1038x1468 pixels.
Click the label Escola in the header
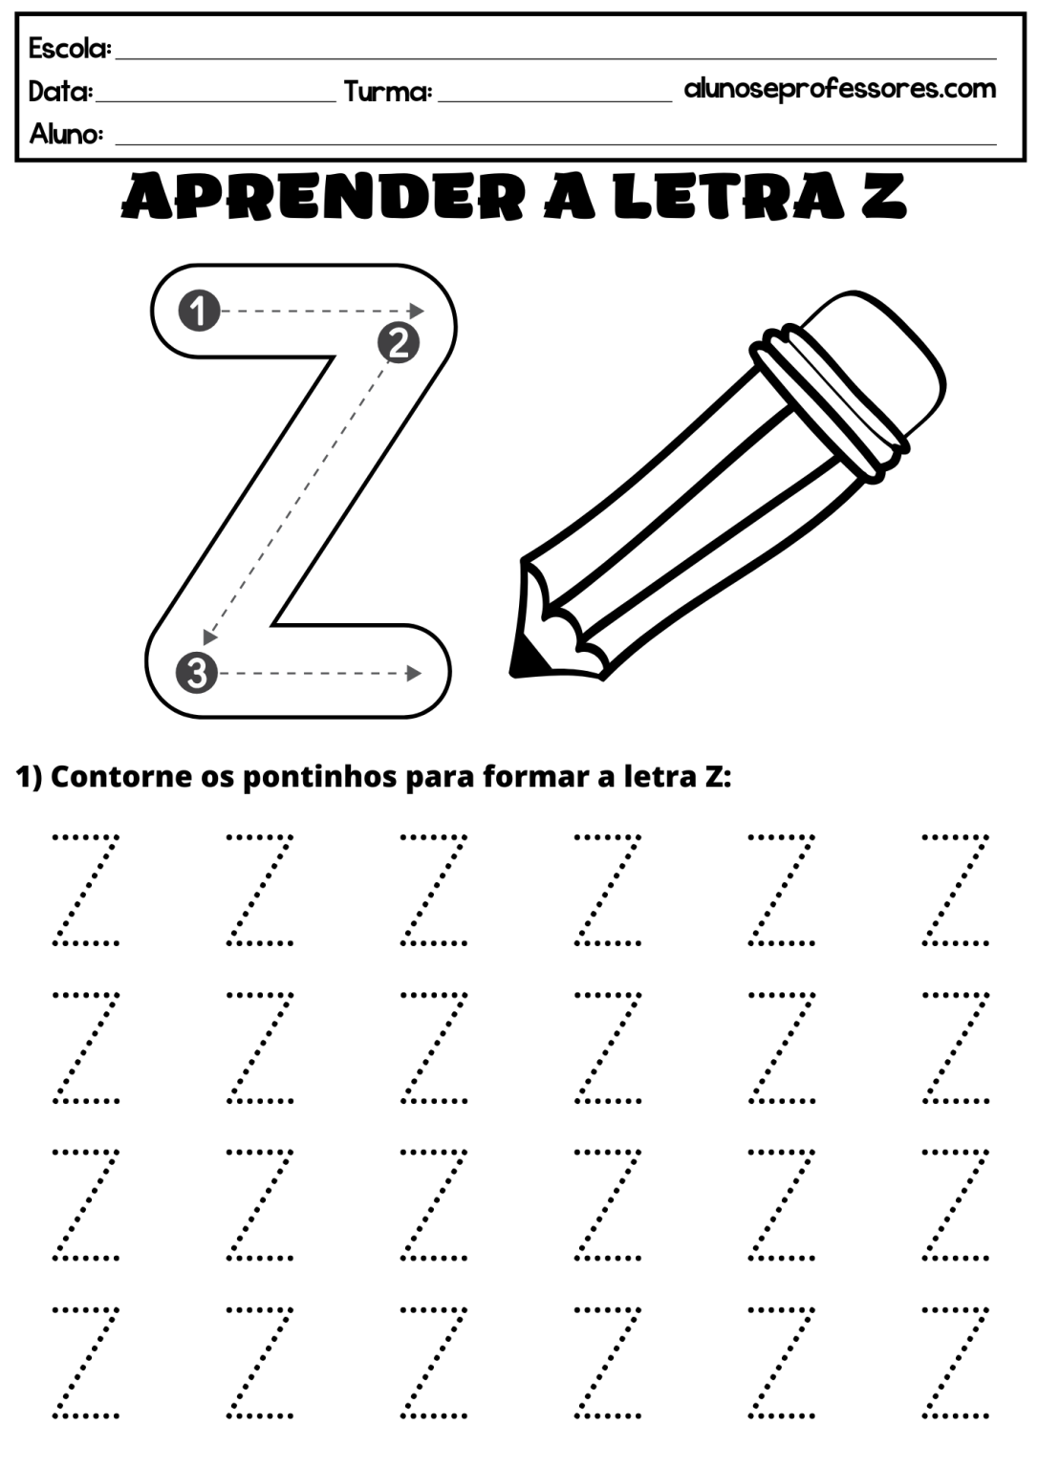tap(70, 48)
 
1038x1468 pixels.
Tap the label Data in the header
tap(60, 92)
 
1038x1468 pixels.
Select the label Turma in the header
tap(387, 92)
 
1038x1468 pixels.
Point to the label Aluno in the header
tap(66, 134)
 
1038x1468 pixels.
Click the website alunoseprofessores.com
tap(839, 89)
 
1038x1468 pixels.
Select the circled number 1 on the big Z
tap(199, 311)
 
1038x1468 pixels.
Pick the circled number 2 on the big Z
tap(399, 341)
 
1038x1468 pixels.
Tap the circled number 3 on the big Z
tap(196, 673)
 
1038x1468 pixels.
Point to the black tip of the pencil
tap(524, 656)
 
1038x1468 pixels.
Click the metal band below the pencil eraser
tap(827, 410)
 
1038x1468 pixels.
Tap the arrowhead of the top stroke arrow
tap(417, 311)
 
